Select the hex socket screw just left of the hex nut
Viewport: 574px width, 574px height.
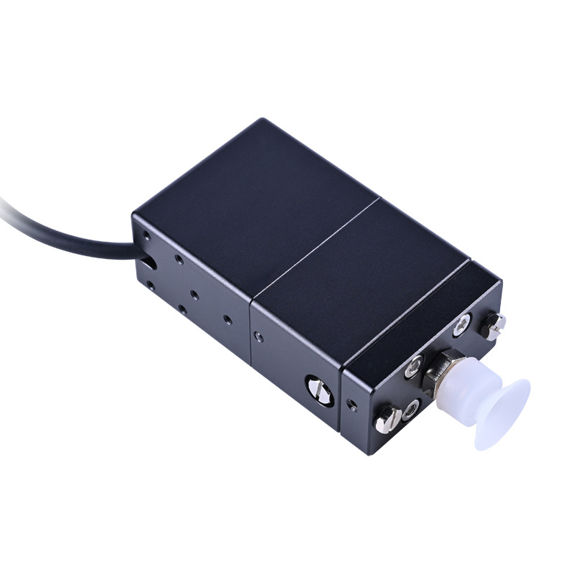[413, 367]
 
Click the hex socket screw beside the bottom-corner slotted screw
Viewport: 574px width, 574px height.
[410, 410]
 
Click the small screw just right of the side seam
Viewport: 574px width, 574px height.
[257, 334]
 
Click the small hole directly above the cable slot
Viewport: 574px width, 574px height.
[146, 235]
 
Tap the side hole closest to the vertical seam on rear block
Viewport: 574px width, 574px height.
[227, 319]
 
